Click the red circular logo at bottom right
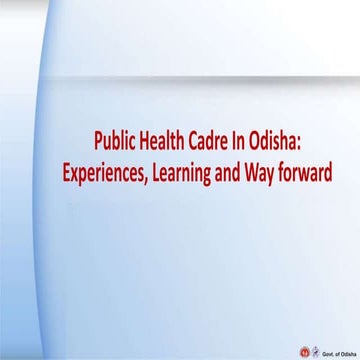click(x=306, y=351)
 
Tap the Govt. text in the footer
click(x=327, y=352)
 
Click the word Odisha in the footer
click(x=347, y=352)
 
